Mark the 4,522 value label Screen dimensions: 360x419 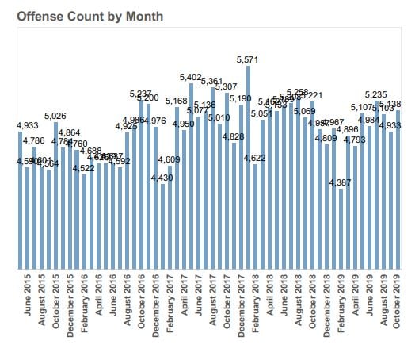click(84, 167)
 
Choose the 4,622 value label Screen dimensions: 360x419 click(255, 158)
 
